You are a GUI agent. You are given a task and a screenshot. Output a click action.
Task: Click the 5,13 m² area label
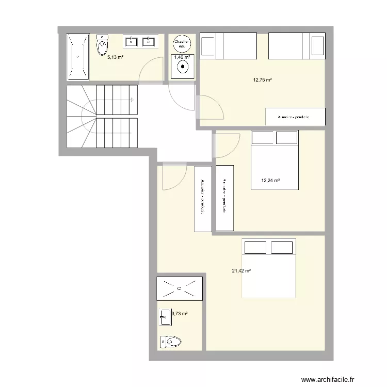pos(115,57)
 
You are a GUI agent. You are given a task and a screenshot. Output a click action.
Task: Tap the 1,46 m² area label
pos(182,57)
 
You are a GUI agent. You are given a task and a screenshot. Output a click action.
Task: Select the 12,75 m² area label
pos(262,80)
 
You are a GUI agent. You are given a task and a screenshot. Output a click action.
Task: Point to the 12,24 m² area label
pos(270,181)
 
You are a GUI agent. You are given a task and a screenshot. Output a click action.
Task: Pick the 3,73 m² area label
pos(179,313)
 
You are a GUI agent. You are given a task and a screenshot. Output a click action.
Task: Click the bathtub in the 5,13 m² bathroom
pos(77,56)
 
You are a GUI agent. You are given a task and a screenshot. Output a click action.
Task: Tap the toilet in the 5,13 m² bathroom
pos(102,45)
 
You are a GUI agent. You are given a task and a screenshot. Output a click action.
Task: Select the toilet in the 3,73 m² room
pos(170,342)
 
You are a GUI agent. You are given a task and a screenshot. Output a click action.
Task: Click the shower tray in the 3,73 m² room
pos(180,288)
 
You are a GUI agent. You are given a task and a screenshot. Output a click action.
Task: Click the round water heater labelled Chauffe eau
pos(181,43)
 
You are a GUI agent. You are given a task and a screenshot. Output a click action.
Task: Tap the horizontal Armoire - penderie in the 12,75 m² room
pos(295,117)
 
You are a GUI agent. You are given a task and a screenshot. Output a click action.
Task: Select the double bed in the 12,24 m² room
pos(274,160)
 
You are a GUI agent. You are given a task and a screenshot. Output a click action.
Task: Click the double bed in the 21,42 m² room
pos(268,268)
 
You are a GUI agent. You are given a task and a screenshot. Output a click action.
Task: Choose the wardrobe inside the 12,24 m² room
pos(224,198)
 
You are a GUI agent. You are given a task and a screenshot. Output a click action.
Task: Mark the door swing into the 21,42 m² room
pos(173,177)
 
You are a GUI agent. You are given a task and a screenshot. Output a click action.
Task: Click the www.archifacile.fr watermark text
pos(335,378)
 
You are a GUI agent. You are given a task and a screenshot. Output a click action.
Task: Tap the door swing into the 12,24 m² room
pos(228,144)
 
